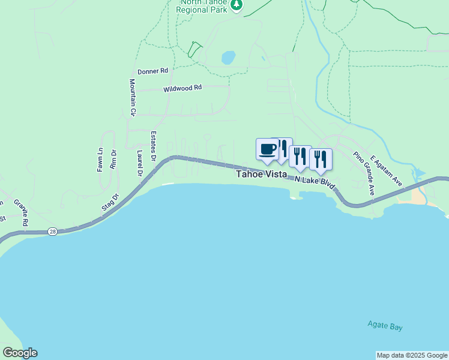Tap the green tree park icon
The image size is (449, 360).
(x=237, y=5)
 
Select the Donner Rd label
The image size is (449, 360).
(x=152, y=71)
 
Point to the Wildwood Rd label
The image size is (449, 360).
(x=182, y=88)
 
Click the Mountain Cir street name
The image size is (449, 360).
(x=133, y=97)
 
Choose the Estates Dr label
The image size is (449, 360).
(x=154, y=146)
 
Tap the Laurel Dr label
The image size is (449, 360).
(x=139, y=163)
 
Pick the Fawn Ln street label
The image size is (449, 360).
(x=100, y=161)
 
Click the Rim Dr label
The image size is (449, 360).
(x=113, y=161)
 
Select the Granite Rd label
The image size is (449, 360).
(x=20, y=212)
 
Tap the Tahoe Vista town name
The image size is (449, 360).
(x=261, y=174)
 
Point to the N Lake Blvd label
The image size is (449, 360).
(x=314, y=182)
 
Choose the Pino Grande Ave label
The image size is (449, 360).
(x=364, y=173)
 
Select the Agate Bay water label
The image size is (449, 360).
(x=385, y=326)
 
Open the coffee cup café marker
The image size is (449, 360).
(x=267, y=149)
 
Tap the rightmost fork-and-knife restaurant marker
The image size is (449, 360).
(x=321, y=159)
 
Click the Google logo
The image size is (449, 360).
(x=20, y=353)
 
